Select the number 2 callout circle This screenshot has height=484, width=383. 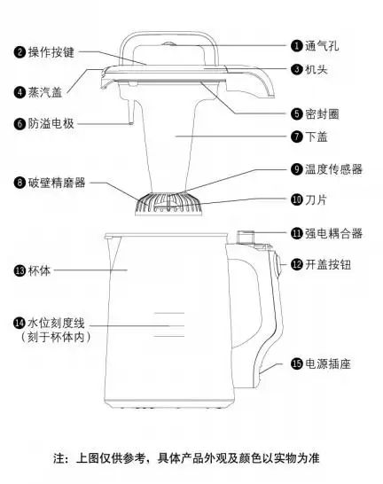tap(19, 52)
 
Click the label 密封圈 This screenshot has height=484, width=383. tap(324, 114)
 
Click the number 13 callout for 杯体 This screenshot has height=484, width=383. tap(19, 269)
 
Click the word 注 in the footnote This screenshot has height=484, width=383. tap(59, 459)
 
